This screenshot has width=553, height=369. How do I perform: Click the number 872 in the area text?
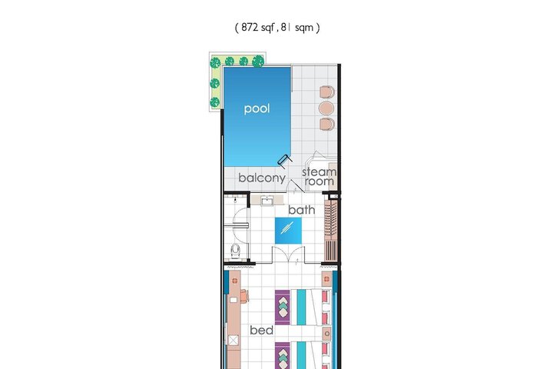[250, 27]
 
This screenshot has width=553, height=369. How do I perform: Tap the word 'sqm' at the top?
[304, 28]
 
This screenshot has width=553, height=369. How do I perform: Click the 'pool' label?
[257, 108]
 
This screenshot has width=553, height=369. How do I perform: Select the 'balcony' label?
[262, 178]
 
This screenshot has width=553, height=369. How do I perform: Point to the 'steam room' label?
[320, 177]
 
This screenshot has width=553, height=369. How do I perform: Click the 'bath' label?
[302, 210]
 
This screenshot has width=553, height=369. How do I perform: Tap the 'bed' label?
[261, 330]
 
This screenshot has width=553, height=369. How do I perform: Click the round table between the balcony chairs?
[326, 108]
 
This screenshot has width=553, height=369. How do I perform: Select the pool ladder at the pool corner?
[285, 161]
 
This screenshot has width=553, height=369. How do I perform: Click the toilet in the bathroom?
[236, 251]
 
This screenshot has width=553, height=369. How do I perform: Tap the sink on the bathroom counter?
[267, 201]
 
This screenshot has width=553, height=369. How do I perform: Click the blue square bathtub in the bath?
[288, 230]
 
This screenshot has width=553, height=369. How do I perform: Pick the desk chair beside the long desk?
[245, 296]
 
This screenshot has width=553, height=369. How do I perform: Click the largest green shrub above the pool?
[258, 61]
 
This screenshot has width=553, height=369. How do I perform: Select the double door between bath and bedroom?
[288, 255]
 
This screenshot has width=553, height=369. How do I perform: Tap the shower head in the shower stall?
[235, 200]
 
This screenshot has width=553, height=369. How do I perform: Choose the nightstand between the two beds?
[327, 334]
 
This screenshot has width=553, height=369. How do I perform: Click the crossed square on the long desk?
[233, 341]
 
